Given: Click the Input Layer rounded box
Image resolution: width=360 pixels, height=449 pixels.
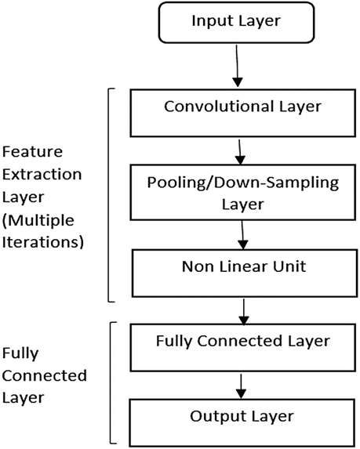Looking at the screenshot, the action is [236, 23].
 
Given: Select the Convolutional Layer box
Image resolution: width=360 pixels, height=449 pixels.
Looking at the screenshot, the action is [243, 113].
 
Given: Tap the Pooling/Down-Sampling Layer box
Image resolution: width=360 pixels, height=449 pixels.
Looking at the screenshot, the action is [243, 192].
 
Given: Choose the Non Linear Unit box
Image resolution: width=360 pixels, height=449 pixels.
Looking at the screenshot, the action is [245, 273].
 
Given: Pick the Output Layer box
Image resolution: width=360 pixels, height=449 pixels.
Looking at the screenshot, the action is [242, 422].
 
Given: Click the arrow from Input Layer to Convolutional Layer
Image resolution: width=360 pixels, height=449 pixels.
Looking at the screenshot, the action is [237, 66].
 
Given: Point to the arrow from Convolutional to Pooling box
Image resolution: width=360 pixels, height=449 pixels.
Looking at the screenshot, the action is [240, 152].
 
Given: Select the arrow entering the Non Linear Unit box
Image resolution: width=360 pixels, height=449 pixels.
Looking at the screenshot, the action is [243, 235].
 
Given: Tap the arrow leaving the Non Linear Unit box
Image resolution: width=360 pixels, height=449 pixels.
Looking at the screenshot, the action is [244, 312].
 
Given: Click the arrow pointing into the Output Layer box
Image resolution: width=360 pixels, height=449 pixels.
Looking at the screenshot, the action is [242, 386].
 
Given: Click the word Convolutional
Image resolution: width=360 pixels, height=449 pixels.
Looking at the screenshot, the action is [219, 107].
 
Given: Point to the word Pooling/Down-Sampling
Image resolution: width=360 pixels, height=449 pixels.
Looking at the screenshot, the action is [243, 183].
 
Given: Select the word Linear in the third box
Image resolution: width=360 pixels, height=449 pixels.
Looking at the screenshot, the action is [244, 266].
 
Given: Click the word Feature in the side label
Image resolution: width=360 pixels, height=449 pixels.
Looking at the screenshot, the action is [32, 151].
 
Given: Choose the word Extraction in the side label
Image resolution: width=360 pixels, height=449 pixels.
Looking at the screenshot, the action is [42, 174].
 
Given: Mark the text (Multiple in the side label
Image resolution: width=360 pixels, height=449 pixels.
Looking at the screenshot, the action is [38, 221].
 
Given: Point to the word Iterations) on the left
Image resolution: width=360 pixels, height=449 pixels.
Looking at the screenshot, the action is [43, 242].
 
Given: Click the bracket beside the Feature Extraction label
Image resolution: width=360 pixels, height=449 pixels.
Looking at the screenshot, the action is [108, 195].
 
